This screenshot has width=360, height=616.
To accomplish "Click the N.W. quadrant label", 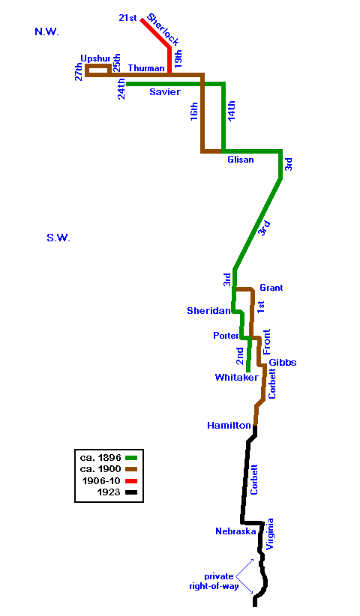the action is point(46,32).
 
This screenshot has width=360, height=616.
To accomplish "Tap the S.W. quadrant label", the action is point(58,238).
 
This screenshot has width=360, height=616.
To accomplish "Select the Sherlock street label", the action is point(163,29).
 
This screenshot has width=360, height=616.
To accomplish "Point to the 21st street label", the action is point(127,18).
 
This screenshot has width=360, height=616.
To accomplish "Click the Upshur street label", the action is point(95,59).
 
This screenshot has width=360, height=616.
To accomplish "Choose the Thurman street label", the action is point(146,68).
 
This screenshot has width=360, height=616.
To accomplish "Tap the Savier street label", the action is point(165,92).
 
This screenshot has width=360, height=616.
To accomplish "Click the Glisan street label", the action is point(241,160).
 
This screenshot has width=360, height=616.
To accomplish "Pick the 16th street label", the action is point(193,111).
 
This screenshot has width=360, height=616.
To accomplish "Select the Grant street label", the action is point(271,288).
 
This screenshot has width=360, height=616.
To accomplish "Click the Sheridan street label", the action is point(208,311).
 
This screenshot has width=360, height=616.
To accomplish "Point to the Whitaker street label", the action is point(236,378).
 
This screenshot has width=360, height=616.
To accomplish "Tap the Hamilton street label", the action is point(229,426).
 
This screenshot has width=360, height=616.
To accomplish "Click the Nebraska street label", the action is point(235,531).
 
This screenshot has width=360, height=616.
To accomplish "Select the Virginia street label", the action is point(269,534).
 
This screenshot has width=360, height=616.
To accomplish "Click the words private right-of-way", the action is point(214,582).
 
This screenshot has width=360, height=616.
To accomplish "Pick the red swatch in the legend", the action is point(131,481).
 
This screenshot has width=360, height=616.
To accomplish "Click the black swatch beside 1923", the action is point(131,492).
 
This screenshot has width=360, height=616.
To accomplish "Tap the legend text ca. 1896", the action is point(100,457).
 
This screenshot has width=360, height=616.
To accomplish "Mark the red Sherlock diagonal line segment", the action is point(156,34).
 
